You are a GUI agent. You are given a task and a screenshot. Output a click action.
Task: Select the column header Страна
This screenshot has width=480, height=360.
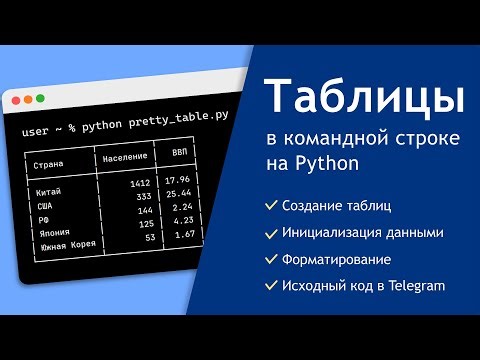[x=50, y=164]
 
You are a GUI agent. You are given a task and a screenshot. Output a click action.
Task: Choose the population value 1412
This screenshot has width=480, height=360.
[x=139, y=184]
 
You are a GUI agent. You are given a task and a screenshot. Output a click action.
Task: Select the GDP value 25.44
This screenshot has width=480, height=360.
[x=180, y=192]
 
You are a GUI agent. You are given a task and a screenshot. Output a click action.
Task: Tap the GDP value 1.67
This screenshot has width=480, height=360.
[x=183, y=235]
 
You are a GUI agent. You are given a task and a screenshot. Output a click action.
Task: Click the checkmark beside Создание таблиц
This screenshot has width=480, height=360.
[x=270, y=205]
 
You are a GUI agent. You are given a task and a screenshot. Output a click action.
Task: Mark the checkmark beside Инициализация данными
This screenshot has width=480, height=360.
[x=270, y=233]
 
